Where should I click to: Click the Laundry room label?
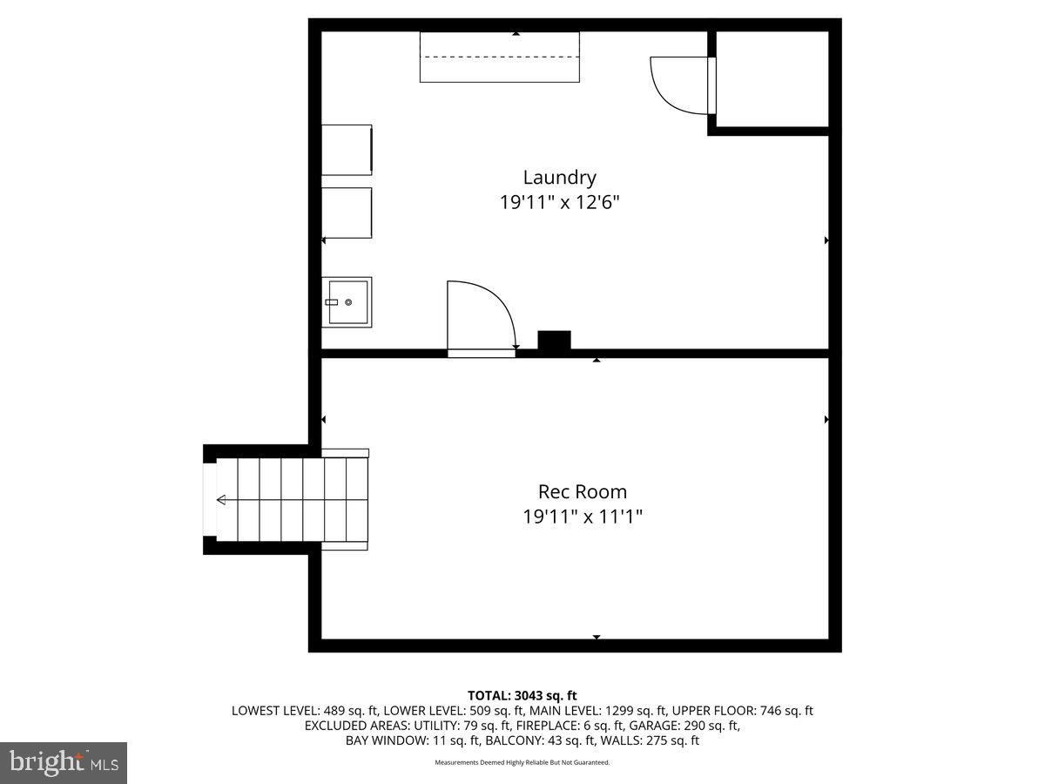coord(559,178)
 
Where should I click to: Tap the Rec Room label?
coord(582,492)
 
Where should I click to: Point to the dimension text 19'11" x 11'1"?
coord(582,517)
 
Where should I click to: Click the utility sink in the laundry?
coord(347,301)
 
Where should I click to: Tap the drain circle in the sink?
coord(348,302)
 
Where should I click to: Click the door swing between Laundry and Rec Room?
coord(480,315)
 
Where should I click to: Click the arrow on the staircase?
coord(221,500)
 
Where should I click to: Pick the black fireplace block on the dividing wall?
coord(554,341)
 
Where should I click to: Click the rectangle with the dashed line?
coord(499,57)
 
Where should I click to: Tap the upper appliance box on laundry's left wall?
coord(347,150)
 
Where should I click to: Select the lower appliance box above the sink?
coord(347,213)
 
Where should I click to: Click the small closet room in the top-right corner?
coord(772,78)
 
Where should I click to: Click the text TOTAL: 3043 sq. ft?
coord(522,695)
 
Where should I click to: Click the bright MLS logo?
coord(63,763)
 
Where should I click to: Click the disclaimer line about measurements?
coord(522,762)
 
